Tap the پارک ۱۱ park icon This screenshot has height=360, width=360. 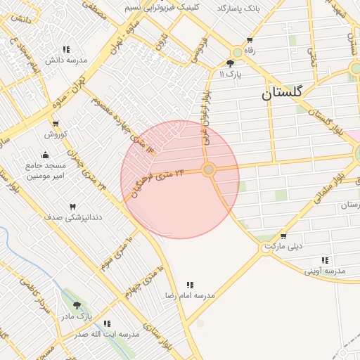230,63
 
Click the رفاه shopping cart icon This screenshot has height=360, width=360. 250,40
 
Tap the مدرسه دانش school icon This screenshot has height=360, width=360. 66,49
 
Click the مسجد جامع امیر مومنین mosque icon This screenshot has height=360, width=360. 46,155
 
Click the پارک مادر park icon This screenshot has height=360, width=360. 77,305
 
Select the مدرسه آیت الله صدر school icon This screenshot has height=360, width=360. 107,323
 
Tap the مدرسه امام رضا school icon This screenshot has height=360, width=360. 190,285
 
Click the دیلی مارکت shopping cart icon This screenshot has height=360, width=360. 283,237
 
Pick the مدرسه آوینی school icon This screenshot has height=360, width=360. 325,260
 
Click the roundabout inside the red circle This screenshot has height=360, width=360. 208,169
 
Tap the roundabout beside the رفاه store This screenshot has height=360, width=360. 238,51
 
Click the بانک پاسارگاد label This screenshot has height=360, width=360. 238,8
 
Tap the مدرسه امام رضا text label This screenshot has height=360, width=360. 190,296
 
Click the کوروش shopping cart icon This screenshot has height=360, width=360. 55,124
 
